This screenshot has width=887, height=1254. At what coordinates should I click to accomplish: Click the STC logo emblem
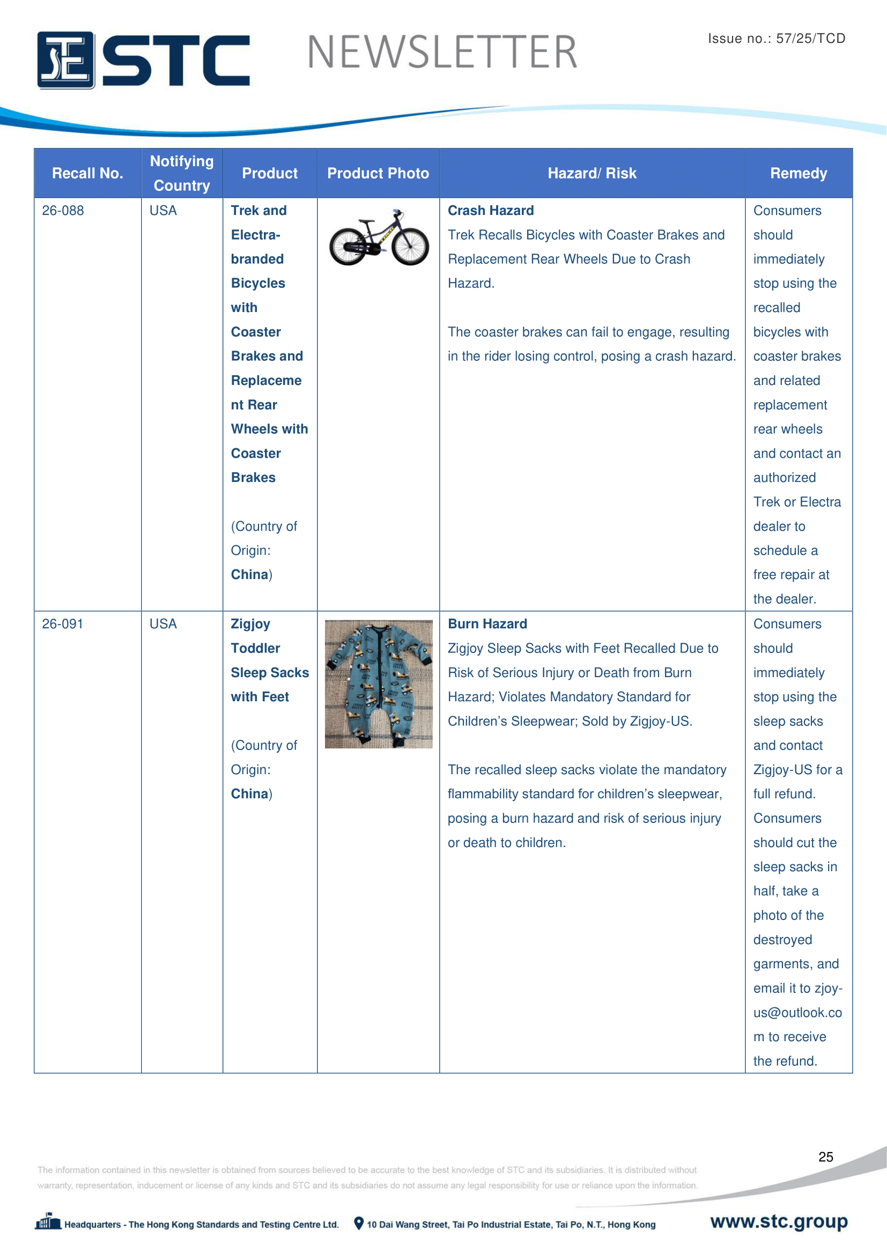65,60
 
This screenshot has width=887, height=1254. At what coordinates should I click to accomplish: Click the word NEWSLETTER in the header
442,53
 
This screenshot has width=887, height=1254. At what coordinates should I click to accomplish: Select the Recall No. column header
87,173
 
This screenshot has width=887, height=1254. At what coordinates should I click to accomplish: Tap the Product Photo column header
378,173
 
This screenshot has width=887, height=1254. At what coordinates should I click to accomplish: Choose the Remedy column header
798,173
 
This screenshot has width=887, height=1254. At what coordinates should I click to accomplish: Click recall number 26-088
63,211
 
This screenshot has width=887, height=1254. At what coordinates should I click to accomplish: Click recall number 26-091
63,624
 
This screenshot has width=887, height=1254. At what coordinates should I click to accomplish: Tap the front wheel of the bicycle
410,246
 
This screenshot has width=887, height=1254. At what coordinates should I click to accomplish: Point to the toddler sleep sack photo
379,684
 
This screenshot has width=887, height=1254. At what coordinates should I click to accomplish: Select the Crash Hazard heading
491,211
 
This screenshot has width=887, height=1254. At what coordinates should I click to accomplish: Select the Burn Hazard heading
487,624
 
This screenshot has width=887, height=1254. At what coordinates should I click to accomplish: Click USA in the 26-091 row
163,624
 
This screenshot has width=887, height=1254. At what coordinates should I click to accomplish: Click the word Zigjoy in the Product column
250,624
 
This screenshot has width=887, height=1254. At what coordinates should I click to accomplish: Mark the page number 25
825,1156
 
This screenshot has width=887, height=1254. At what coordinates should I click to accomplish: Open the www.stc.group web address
778,1221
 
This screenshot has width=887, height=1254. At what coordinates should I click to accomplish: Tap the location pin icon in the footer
358,1223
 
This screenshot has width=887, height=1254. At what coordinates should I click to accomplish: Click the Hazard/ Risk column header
592,173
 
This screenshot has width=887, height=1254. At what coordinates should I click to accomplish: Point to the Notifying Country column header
182,173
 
